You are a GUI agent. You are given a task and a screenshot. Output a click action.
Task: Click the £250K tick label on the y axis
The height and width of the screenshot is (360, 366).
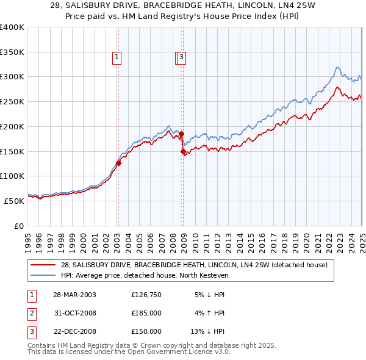(12, 102)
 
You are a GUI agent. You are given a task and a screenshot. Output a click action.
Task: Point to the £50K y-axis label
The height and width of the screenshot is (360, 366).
(14, 201)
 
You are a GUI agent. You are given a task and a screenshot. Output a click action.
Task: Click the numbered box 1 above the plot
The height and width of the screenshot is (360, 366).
(116, 57)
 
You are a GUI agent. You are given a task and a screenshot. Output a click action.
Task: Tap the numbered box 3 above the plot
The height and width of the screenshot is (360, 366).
(182, 57)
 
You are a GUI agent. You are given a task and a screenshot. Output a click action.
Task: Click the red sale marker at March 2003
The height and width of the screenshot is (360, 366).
(119, 163)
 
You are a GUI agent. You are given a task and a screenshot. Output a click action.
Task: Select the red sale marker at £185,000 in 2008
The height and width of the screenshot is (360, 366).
(182, 134)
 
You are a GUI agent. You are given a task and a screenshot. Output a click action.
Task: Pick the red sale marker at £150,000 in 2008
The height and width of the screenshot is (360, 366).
(183, 151)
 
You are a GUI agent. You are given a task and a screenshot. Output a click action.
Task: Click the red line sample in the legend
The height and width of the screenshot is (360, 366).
(43, 265)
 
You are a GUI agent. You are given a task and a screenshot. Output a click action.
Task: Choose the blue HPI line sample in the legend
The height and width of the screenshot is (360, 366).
(43, 275)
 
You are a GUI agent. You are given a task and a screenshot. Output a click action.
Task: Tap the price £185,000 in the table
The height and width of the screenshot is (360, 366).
(146, 313)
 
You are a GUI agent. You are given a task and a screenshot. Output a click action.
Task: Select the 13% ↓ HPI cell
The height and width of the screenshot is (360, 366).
(207, 331)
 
